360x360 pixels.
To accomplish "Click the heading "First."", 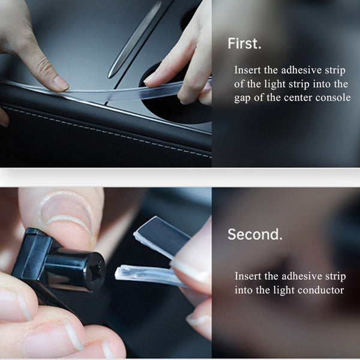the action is click(244, 43).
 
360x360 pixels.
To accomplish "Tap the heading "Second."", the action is click(255, 234).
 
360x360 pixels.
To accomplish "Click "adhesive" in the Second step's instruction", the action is click(301, 276).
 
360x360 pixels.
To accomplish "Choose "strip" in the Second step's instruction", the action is click(335, 277).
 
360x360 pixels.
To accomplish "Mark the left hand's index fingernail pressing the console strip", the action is click(61, 83).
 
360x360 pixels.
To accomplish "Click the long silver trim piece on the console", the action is click(135, 39).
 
